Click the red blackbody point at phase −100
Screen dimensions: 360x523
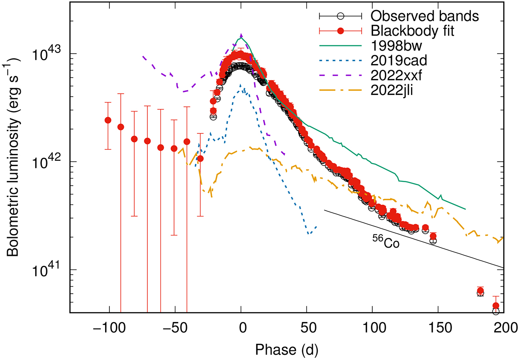click(x=108, y=120)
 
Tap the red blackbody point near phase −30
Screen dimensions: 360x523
click(x=200, y=158)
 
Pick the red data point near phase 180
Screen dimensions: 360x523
click(x=480, y=291)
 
